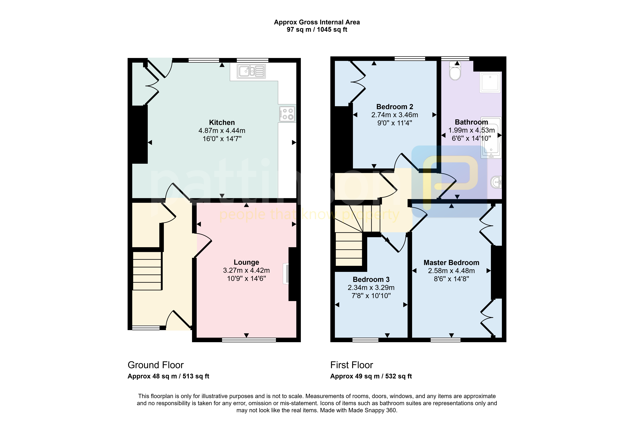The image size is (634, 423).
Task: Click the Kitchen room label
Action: (x=222, y=122)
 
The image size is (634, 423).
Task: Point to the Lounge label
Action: (x=246, y=262)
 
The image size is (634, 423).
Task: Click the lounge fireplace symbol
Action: (x=286, y=274)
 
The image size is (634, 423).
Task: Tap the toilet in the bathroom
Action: (x=455, y=71)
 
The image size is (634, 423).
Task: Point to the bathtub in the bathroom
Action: (x=491, y=138)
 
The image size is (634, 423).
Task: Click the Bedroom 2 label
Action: (x=395, y=107)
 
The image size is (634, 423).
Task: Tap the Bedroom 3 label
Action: (x=371, y=279)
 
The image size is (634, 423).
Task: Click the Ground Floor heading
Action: (x=156, y=365)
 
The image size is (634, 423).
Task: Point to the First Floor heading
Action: (x=351, y=365)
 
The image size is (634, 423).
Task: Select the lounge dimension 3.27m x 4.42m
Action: (x=246, y=270)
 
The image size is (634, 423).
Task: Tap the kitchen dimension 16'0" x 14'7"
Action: (x=222, y=139)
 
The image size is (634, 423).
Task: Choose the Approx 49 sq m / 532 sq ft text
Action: (x=371, y=376)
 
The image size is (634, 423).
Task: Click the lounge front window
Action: (x=249, y=340)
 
